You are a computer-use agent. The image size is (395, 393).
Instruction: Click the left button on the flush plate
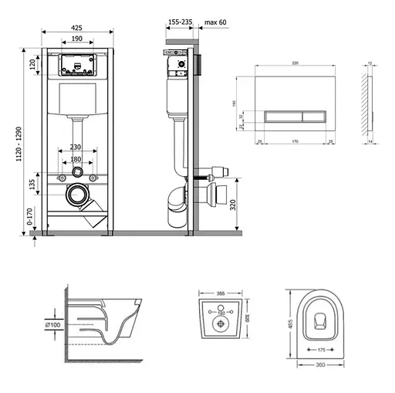pyautogui.click(x=279, y=116)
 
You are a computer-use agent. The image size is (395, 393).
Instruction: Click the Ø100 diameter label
pyautogui.click(x=52, y=325)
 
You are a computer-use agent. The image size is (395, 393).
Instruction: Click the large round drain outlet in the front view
pyautogui.click(x=77, y=195)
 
